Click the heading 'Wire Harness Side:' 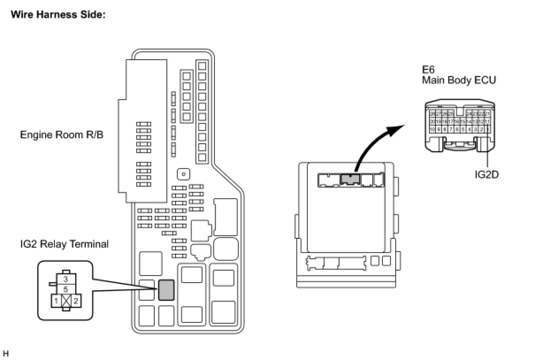click(58, 14)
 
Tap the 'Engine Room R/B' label click(61, 134)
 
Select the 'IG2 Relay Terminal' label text click(64, 244)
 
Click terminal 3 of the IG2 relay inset click(65, 280)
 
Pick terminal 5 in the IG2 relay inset click(65, 290)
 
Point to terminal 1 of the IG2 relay click(56, 301)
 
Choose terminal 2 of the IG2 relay click(76, 301)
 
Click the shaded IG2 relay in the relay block click(166, 290)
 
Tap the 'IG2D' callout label click(486, 174)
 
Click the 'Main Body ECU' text click(459, 80)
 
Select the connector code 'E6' click(428, 70)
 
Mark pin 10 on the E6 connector click(432, 130)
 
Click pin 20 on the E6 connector click(432, 122)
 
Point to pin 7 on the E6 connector click(451, 130)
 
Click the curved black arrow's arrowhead click(398, 127)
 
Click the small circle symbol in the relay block click(183, 174)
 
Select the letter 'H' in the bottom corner click(6, 353)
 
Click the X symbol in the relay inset click(66, 301)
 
